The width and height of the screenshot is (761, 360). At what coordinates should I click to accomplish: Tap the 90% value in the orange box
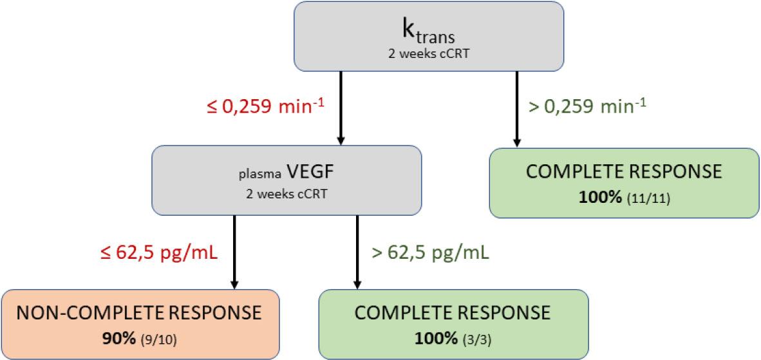click(x=118, y=337)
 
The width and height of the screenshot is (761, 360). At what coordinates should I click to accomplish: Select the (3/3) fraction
click(x=473, y=337)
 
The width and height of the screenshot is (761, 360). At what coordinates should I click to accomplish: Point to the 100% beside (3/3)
click(x=433, y=337)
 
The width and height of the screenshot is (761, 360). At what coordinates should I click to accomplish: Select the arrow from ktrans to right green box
click(x=516, y=109)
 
